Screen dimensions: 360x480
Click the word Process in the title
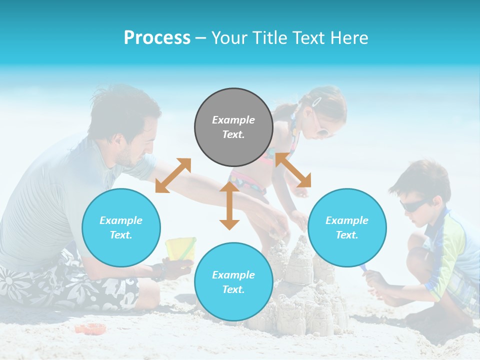(157, 38)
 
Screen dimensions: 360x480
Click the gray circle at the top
(233, 127)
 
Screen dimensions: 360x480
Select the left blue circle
(121, 227)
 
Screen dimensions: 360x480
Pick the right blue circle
(347, 227)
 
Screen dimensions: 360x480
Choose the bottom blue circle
(233, 282)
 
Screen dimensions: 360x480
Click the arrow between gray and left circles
(173, 175)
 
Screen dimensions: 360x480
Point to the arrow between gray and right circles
(293, 170)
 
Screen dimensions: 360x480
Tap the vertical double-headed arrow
(229, 205)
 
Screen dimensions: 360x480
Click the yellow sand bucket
(180, 248)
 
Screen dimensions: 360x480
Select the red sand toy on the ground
(90, 328)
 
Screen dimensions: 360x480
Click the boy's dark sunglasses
(412, 205)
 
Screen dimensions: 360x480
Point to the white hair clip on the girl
(316, 101)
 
